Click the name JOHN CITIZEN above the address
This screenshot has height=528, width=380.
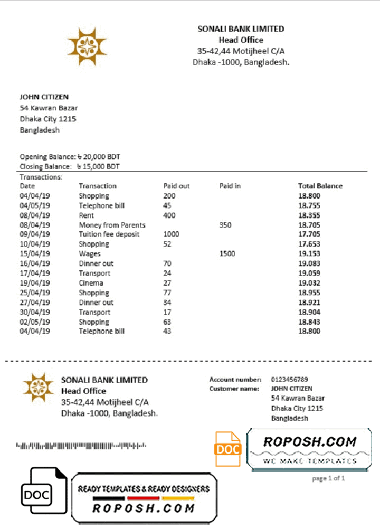click(x=44, y=97)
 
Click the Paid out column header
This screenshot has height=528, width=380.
click(x=176, y=186)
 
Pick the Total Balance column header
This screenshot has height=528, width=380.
click(x=320, y=186)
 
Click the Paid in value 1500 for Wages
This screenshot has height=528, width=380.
click(x=227, y=253)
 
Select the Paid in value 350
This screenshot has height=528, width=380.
click(x=225, y=225)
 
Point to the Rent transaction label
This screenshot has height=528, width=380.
click(x=87, y=215)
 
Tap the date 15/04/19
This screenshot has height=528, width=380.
click(x=35, y=253)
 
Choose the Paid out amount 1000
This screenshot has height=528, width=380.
click(x=171, y=234)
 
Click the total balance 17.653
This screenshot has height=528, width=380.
click(x=309, y=244)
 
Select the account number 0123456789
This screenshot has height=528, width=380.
click(x=290, y=379)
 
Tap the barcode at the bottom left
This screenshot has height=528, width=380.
click(x=81, y=446)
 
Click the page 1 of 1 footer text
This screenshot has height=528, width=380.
click(x=328, y=478)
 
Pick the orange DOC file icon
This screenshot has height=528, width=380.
click(x=228, y=448)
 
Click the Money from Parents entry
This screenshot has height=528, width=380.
click(x=112, y=225)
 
